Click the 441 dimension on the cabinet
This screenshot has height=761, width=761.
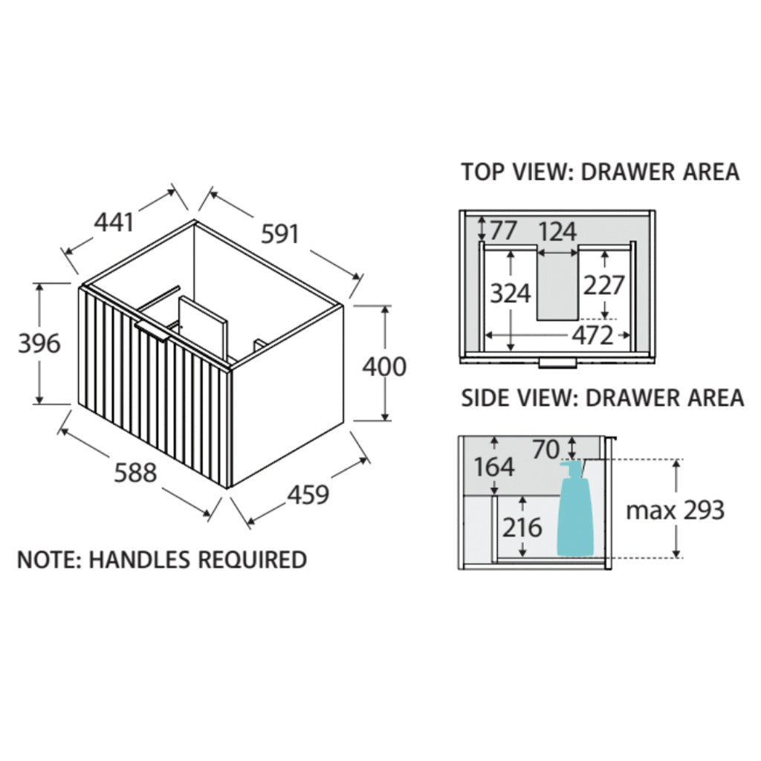click(x=114, y=221)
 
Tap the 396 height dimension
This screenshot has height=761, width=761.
click(x=39, y=343)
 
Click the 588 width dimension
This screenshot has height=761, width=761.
click(x=135, y=472)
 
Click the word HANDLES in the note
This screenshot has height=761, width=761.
click(x=138, y=559)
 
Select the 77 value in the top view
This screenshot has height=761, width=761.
click(x=503, y=231)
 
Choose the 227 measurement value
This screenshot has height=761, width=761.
click(x=603, y=285)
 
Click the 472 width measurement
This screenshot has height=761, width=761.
click(x=592, y=336)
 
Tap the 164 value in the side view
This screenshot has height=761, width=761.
click(x=493, y=467)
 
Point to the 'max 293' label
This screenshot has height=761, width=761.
click(x=674, y=510)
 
